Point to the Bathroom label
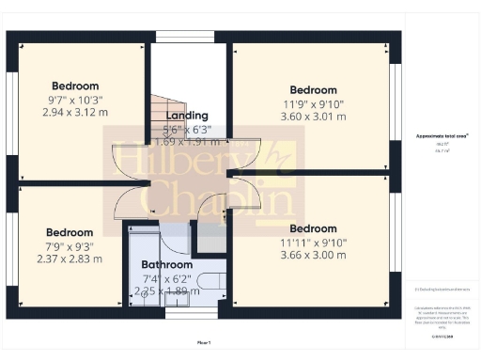coord(166,264)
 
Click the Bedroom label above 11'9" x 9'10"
coord(313,91)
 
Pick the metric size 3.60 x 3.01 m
coord(313,117)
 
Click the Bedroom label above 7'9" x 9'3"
coord(70,232)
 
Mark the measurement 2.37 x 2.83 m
coord(70,259)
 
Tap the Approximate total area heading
coord(442,136)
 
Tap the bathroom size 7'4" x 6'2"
coord(166,278)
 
